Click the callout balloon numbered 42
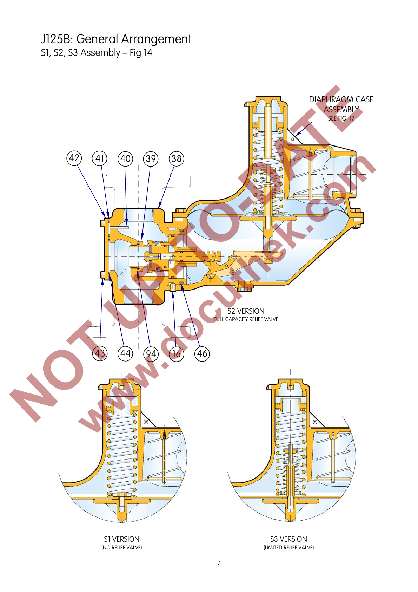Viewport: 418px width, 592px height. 74,158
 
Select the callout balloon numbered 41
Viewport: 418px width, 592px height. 100,158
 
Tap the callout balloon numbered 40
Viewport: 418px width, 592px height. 125,159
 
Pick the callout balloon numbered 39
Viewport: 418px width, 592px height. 151,159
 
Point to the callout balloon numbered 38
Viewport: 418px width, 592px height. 177,159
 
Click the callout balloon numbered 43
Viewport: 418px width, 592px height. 100,353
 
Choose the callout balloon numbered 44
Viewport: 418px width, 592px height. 125,353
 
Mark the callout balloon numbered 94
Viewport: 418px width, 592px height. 151,354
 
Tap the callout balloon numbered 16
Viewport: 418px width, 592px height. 177,354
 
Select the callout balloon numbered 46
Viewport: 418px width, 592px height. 202,353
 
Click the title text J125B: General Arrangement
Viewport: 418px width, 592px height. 116,39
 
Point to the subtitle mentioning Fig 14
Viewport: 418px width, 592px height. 97,53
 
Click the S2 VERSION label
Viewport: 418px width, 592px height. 246,311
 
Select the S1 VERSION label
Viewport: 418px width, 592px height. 121,539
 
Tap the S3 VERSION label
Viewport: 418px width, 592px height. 288,539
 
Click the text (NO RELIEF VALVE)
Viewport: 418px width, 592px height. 121,548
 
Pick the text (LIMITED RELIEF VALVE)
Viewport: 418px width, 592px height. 288,548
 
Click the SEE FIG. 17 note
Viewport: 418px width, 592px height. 341,118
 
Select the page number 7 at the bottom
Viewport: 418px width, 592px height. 219,563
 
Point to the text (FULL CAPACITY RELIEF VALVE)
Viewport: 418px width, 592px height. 246,319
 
